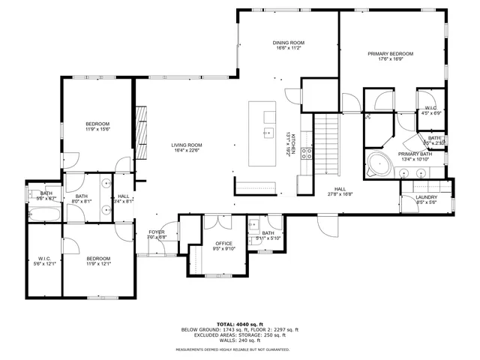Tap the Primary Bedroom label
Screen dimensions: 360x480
[390, 54]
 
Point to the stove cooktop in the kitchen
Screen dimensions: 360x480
[306, 154]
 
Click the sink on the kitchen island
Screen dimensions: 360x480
[266, 133]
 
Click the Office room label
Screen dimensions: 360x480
[223, 244]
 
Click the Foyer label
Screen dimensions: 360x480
[156, 232]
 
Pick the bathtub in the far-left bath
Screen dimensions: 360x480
[40, 214]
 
